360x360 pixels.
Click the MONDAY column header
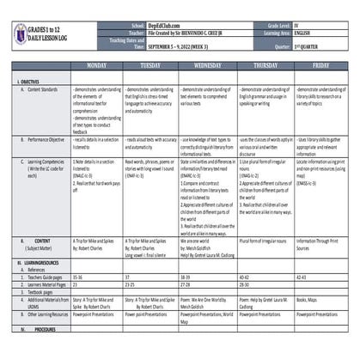point(97,65)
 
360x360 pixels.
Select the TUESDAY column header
point(151,65)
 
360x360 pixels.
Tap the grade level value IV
point(297,27)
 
